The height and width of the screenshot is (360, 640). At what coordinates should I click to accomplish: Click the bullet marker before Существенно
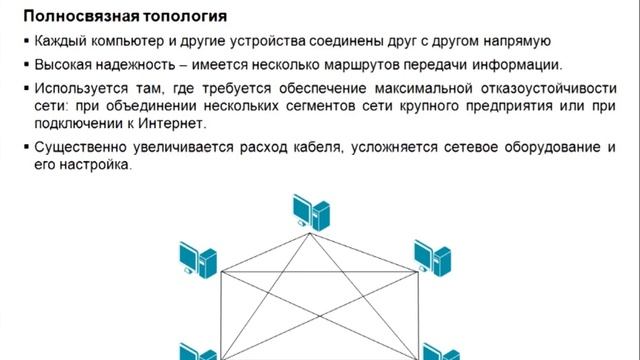[x=27, y=148]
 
